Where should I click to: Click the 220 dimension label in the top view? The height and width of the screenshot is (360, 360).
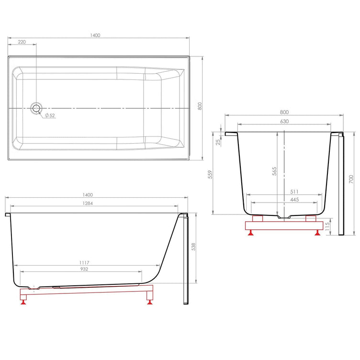pyautogui.click(x=22, y=42)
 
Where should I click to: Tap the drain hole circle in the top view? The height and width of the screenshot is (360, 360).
pyautogui.click(x=36, y=108)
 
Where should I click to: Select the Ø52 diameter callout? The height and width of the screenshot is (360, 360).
pyautogui.click(x=50, y=115)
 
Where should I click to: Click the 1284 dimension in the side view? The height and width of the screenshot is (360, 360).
pyautogui.click(x=88, y=203)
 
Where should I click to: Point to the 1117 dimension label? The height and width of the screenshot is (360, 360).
pyautogui.click(x=84, y=262)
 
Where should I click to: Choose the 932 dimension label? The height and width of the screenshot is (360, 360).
pyautogui.click(x=84, y=269)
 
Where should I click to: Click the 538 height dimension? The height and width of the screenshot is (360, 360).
pyautogui.click(x=193, y=247)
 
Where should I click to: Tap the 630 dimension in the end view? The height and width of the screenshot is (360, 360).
pyautogui.click(x=284, y=121)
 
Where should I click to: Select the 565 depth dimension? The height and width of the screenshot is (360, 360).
pyautogui.click(x=274, y=171)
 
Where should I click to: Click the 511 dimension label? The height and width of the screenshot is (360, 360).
pyautogui.click(x=294, y=191)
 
